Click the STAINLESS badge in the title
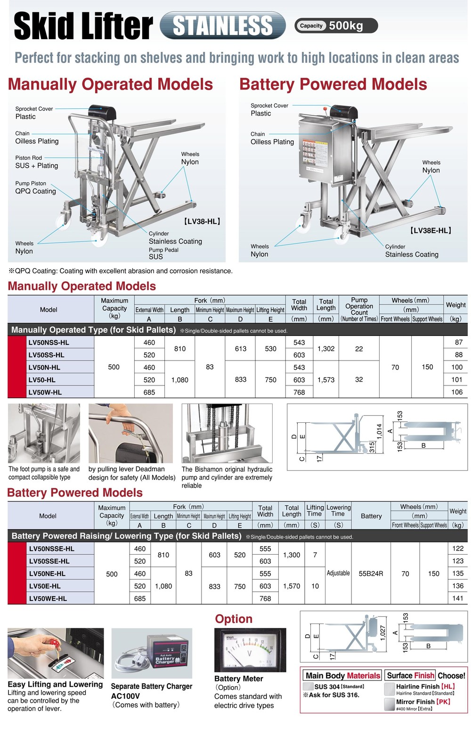[222, 25]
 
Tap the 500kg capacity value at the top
[346, 25]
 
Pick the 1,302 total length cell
[326, 349]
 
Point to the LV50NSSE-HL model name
[51, 549]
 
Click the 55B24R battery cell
[371, 574]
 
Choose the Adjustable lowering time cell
[338, 573]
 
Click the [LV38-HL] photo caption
[202, 221]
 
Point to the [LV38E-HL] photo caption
[430, 230]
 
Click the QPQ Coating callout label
[35, 191]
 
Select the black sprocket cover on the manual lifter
[102, 113]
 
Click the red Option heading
[234, 619]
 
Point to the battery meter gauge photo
[250, 650]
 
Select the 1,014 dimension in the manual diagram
[379, 432]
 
